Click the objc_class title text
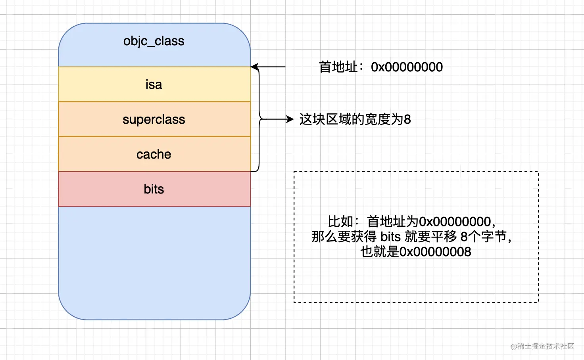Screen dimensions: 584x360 [154, 41]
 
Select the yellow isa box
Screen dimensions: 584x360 [154, 84]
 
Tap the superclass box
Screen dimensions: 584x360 [154, 119]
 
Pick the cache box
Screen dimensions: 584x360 [154, 154]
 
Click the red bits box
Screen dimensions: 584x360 [154, 189]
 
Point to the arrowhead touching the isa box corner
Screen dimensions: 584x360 [254, 67]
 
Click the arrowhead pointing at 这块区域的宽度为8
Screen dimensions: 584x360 [290, 119]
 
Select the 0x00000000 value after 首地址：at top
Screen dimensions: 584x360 [407, 67]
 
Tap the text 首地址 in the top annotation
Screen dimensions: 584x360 [338, 67]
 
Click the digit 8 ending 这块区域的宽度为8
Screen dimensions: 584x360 [407, 119]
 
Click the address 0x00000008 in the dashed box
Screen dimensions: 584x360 [435, 252]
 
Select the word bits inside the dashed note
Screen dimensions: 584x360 [390, 237]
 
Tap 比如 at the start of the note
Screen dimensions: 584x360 [340, 222]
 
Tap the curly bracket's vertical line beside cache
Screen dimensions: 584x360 [259, 145]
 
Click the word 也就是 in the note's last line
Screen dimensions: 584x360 [380, 252]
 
